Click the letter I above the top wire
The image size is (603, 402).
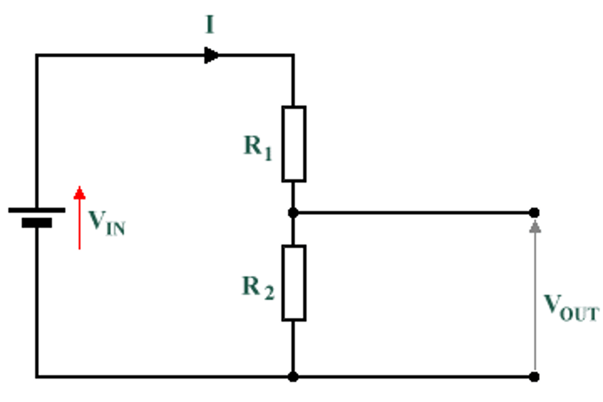[210, 24]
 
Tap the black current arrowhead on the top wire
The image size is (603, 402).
[211, 55]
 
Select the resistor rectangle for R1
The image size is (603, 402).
[294, 144]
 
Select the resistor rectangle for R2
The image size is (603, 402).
[294, 283]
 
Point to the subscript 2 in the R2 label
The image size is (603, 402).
[269, 292]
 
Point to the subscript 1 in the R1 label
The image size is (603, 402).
[268, 153]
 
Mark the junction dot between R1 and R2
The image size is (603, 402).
[293, 213]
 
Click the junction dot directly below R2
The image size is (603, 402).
[293, 377]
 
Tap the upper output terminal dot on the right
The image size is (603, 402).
[534, 213]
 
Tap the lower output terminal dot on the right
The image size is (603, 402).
[534, 377]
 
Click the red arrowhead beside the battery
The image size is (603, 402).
[80, 193]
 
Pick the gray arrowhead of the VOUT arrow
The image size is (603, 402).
[535, 227]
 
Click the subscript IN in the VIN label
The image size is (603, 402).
[115, 229]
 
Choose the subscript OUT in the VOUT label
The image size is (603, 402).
[580, 314]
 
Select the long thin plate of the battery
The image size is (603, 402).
[37, 210]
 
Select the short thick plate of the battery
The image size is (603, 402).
[37, 223]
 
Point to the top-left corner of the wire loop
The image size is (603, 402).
[37, 55]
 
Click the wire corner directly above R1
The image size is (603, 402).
[293, 55]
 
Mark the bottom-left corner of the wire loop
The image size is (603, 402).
[37, 377]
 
